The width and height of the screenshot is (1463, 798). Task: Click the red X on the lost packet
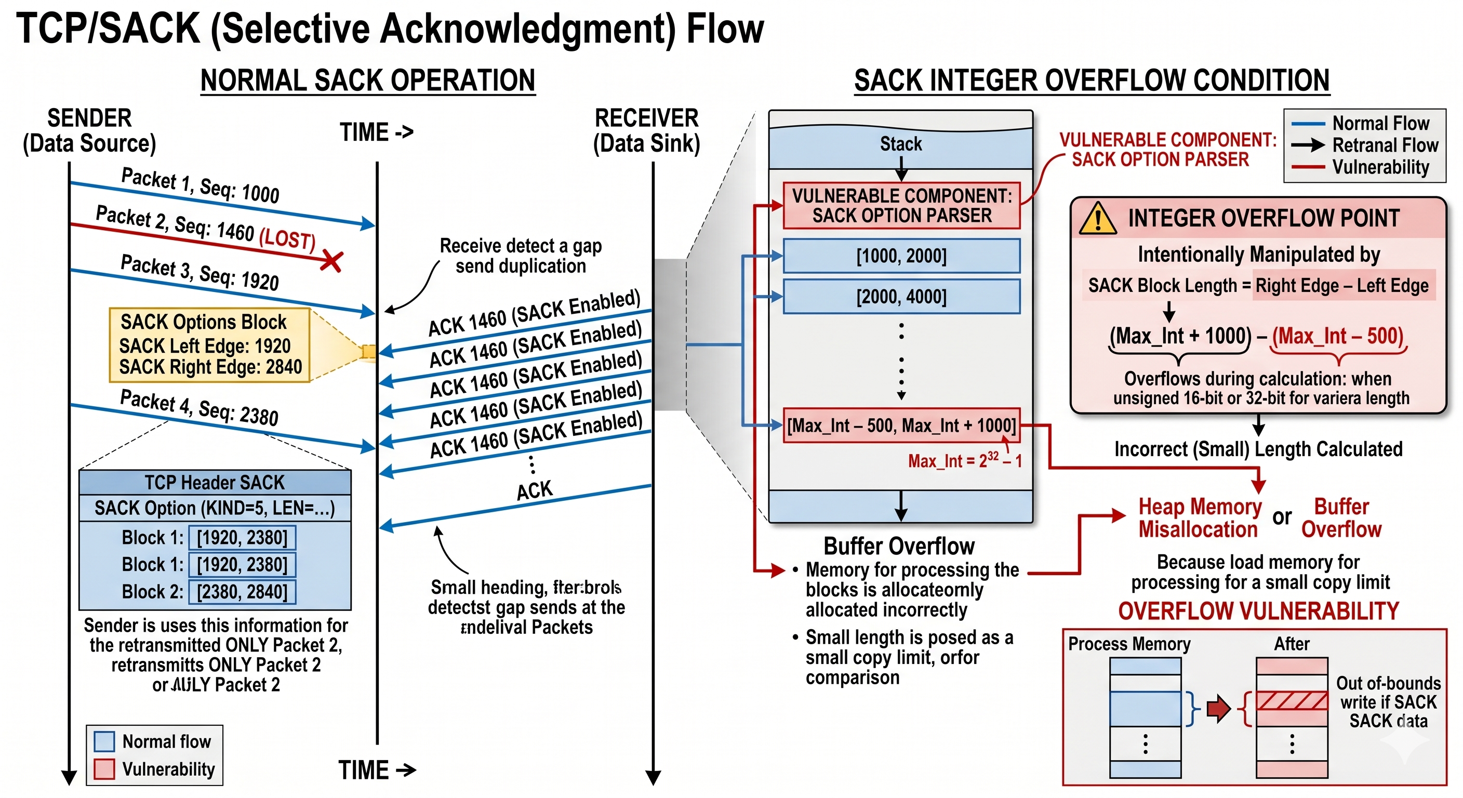point(331,261)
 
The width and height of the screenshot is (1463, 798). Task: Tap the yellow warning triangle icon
point(1097,219)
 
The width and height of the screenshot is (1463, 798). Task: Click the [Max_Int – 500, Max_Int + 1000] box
point(901,425)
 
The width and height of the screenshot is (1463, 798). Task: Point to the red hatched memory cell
point(1292,700)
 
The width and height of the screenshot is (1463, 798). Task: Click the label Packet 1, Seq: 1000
point(200,185)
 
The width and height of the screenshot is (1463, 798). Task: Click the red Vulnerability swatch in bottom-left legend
point(104,769)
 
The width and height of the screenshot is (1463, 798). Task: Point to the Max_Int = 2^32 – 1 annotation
point(964,460)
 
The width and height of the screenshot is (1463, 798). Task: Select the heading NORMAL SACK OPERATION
point(367,80)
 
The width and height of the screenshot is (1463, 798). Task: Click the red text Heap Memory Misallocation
point(1199,517)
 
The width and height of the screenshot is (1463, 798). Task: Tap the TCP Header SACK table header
point(215,482)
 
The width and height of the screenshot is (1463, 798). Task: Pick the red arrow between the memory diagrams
point(1218,708)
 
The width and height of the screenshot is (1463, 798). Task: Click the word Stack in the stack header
point(901,144)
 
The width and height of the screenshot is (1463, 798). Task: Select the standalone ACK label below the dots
point(534,490)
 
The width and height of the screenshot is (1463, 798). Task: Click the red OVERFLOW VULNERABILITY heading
point(1258,611)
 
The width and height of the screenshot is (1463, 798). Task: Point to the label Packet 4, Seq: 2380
point(199,407)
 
